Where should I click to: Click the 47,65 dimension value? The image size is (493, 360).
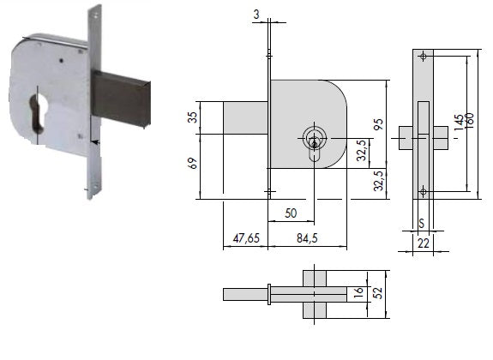[x=246, y=238]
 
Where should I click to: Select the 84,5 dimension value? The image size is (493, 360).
[x=307, y=238]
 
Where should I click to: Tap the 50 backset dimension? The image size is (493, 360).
[x=291, y=213]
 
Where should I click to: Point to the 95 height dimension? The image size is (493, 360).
[x=379, y=124]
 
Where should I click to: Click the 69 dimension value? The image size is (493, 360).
[x=193, y=163]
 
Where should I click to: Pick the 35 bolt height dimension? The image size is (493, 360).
[x=193, y=117]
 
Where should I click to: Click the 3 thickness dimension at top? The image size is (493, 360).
[x=256, y=15]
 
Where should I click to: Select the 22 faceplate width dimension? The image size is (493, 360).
[x=424, y=243]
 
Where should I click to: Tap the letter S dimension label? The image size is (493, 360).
[x=422, y=224]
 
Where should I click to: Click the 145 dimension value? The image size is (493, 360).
[x=459, y=123]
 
